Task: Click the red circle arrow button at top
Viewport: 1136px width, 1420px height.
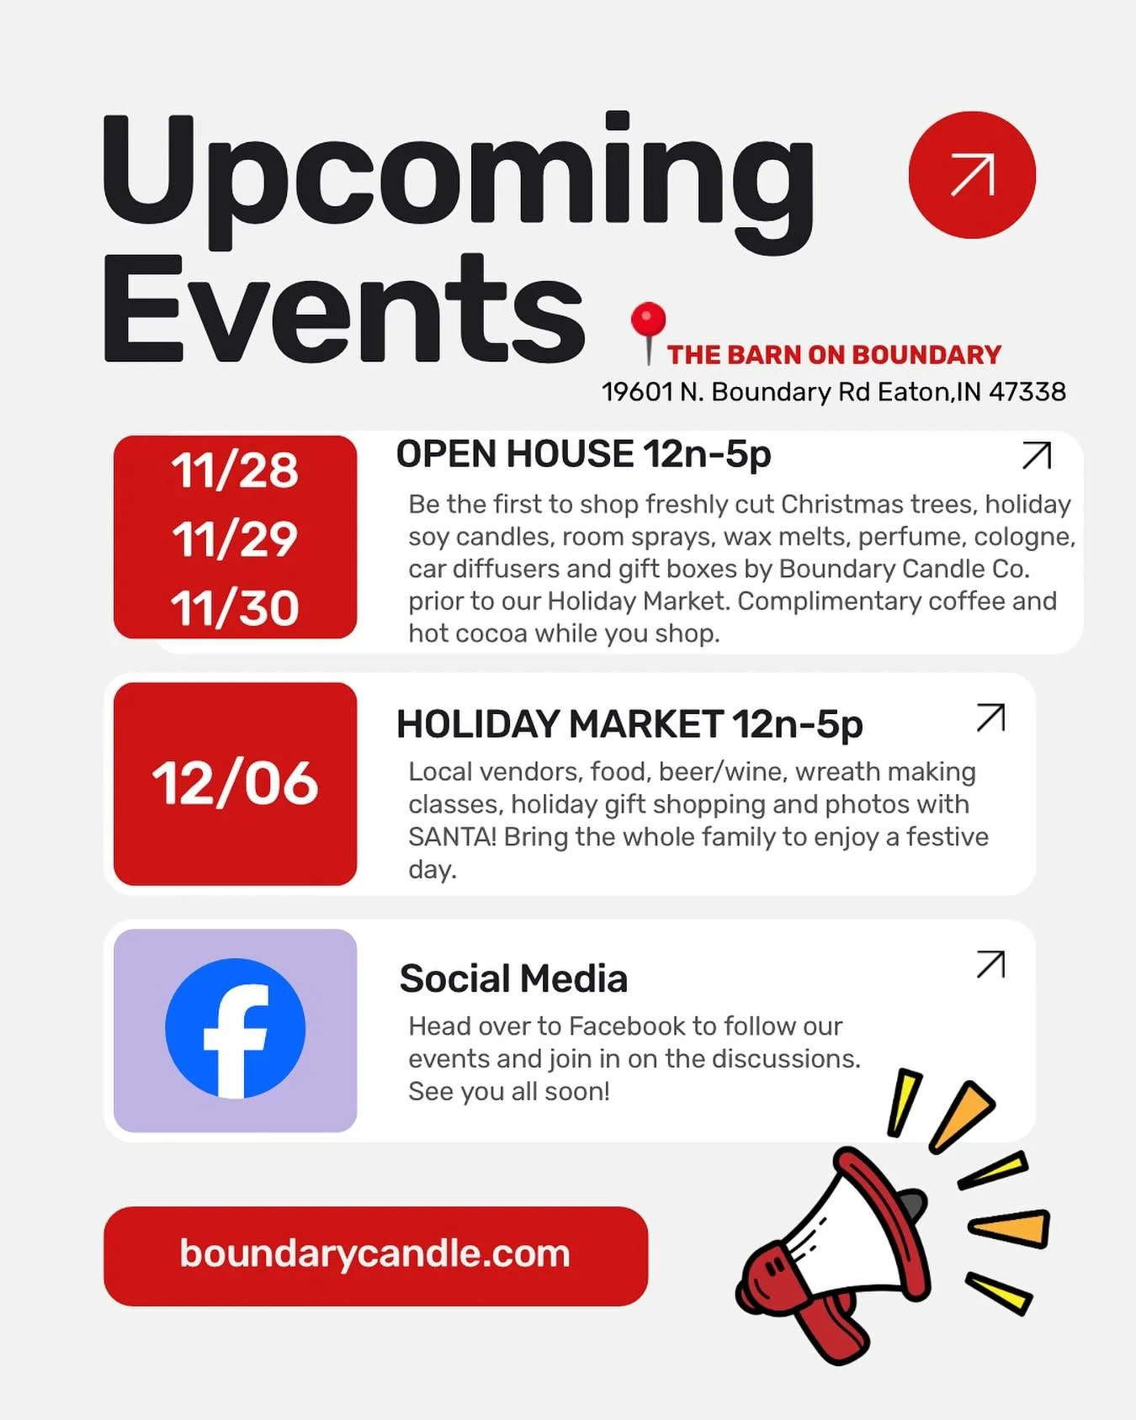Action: pyautogui.click(x=972, y=175)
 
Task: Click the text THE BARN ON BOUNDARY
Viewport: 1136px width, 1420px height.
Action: pyautogui.click(x=834, y=355)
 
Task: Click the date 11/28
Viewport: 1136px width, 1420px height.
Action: pyautogui.click(x=235, y=470)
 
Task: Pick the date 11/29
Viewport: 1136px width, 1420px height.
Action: pyautogui.click(x=235, y=539)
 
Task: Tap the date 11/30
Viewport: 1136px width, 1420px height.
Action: pyautogui.click(x=235, y=607)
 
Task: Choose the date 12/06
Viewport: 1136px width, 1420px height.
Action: pyautogui.click(x=235, y=784)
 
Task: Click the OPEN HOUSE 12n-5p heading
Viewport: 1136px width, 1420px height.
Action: pyautogui.click(x=583, y=454)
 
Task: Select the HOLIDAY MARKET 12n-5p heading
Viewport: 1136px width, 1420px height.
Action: pyautogui.click(x=629, y=724)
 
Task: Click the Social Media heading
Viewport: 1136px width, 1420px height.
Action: pyautogui.click(x=513, y=978)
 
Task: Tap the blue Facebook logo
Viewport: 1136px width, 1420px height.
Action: pyautogui.click(x=235, y=1028)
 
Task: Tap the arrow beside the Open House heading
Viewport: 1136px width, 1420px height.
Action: pyautogui.click(x=1036, y=455)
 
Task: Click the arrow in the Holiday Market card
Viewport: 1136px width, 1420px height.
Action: pyautogui.click(x=990, y=718)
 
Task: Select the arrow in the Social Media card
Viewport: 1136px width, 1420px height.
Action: pyautogui.click(x=990, y=964)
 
